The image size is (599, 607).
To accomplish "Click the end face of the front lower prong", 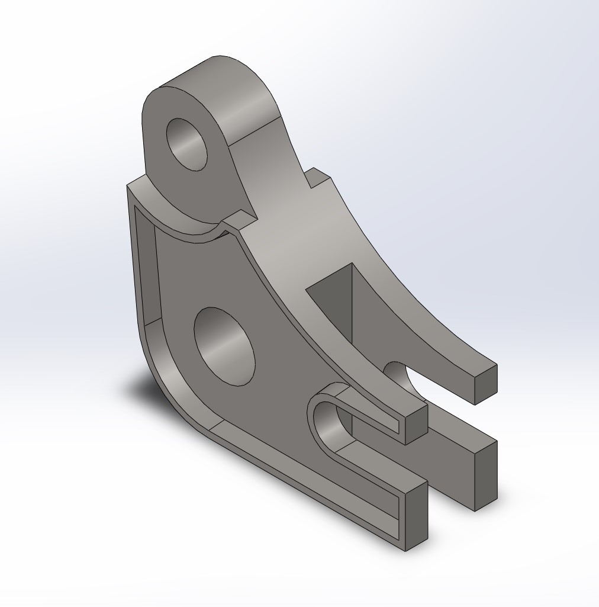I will click(x=416, y=515).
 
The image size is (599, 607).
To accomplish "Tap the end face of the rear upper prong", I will click(x=486, y=384).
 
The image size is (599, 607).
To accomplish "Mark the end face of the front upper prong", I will click(x=416, y=424).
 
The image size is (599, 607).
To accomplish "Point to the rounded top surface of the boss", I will click(x=237, y=95).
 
